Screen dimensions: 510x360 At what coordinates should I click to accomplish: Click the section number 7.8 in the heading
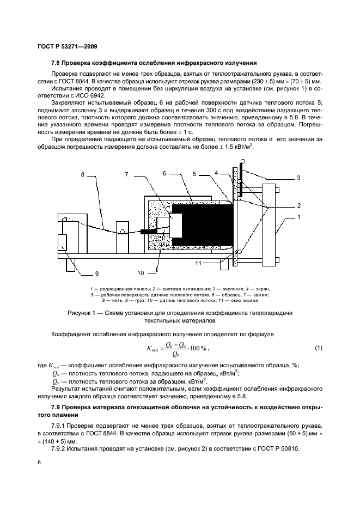tap(57, 63)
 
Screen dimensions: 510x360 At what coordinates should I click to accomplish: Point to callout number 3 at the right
tap(298, 178)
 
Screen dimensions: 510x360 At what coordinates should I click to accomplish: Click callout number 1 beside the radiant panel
tap(298, 217)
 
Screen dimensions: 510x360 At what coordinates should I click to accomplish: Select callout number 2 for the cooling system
tap(298, 205)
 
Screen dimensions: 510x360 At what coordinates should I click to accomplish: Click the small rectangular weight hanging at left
tap(63, 243)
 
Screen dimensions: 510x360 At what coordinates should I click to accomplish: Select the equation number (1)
tap(319, 348)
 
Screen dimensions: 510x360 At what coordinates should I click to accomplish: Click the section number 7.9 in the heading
tap(57, 408)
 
